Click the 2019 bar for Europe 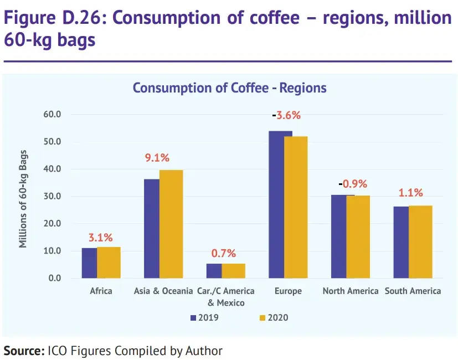pos(280,205)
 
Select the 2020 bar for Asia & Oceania pos(171,224)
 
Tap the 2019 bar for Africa pos(89,263)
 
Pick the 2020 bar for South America pos(420,242)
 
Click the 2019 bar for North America pos(343,236)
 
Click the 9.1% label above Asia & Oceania pos(157,158)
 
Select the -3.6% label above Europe pos(286,116)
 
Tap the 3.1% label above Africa pos(101,238)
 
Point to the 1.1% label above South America pos(411,193)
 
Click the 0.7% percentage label pos(224,254)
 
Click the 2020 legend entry pos(273,318)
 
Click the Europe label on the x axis pos(288,291)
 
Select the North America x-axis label pos(351,291)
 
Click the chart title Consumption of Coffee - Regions pos(229,88)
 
